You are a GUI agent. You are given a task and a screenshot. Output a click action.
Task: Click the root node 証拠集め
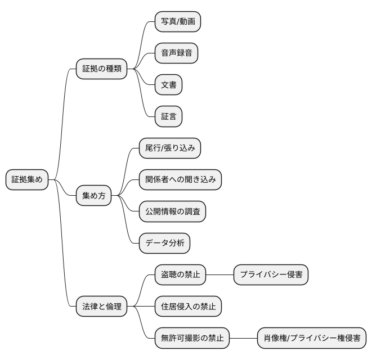[x=27, y=180]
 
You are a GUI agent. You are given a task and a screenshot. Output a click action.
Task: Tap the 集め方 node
[x=93, y=196]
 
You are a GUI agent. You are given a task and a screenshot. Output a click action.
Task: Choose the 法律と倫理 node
[x=101, y=307]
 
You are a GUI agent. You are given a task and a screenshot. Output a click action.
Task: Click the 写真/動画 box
[x=178, y=22]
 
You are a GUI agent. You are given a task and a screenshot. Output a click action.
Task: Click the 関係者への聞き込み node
[x=180, y=179]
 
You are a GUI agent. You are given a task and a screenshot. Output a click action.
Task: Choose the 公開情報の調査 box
[x=172, y=211]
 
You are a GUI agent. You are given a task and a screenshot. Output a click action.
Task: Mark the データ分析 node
[x=164, y=244]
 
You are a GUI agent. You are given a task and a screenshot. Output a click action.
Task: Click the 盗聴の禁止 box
[x=180, y=275]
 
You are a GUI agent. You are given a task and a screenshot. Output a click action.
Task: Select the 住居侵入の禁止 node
[x=187, y=307]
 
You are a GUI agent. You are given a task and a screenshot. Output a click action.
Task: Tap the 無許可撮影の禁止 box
[x=192, y=339]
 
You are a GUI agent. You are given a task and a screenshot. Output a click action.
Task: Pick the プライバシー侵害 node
[x=271, y=275]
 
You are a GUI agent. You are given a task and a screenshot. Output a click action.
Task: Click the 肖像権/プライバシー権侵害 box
[x=311, y=339]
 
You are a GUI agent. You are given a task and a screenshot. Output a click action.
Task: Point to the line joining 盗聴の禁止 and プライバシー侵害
[x=220, y=275]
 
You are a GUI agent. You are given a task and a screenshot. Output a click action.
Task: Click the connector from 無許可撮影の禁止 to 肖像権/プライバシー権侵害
[x=243, y=339]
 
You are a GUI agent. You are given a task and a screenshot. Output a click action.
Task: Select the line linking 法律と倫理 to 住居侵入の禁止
[x=141, y=307]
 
